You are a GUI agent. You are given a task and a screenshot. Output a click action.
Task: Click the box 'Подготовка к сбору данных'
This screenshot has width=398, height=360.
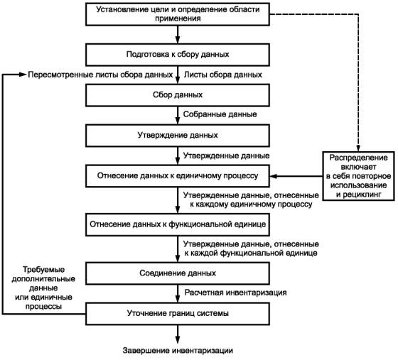[178, 55]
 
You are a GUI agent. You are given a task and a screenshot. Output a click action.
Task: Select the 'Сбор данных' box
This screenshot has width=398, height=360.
[178, 95]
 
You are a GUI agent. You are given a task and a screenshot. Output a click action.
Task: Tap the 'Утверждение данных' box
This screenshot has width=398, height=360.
[178, 135]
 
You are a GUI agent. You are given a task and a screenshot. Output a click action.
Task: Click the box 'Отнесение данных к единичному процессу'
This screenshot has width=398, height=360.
[178, 176]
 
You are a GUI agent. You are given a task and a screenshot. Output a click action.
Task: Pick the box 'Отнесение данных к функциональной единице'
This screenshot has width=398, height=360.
[178, 224]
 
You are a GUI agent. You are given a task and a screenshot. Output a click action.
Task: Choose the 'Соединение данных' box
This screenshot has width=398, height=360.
[178, 273]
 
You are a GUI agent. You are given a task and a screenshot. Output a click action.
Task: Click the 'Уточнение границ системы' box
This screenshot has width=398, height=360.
[178, 314]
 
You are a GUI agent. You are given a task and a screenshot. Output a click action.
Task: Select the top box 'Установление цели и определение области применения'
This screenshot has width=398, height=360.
[178, 14]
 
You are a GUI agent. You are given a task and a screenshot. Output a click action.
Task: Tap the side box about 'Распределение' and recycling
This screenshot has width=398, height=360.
[358, 176]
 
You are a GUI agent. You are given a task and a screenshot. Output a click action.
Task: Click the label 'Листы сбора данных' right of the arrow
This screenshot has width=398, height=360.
[223, 75]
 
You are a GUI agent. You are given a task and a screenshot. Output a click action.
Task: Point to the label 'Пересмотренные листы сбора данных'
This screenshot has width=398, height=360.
[100, 75]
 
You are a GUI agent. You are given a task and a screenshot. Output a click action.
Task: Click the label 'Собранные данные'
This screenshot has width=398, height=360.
[220, 114]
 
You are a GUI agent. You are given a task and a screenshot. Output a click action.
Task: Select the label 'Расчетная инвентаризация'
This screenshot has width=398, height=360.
[235, 293]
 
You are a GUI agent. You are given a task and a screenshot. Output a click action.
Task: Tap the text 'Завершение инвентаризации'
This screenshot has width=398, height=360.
[178, 351]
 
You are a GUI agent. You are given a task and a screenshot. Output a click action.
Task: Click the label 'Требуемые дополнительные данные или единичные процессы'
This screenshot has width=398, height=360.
[43, 288]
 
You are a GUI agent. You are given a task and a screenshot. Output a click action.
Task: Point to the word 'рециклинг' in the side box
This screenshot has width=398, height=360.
[362, 195]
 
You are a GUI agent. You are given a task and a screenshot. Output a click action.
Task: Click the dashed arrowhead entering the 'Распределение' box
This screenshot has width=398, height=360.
[358, 148]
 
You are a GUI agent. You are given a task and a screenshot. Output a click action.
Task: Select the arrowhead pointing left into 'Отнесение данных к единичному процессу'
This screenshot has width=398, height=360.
[273, 176]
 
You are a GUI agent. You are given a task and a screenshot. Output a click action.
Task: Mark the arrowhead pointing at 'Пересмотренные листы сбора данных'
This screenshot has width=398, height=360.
[23, 75]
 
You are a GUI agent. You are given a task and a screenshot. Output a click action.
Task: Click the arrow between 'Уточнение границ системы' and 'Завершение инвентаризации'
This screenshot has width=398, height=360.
[178, 334]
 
